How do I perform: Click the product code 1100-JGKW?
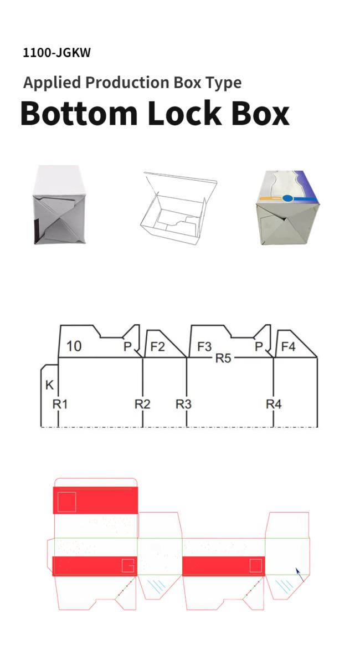point(57,53)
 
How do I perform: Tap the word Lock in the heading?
point(184,113)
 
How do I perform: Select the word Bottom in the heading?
point(79,113)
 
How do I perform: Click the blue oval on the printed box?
point(288,198)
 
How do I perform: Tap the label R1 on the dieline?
point(60,405)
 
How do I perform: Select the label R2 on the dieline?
point(142,405)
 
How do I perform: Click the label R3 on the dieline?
point(183,405)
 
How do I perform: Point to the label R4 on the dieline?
point(274,405)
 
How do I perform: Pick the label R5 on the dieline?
point(223,359)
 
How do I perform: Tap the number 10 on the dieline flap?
point(74,346)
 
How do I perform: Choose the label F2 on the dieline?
point(158,347)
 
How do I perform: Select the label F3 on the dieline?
point(204,347)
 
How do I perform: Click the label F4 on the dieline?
point(289,347)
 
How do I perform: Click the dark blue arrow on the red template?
point(299,575)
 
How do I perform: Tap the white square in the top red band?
point(66,502)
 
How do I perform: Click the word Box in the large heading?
point(260,113)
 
